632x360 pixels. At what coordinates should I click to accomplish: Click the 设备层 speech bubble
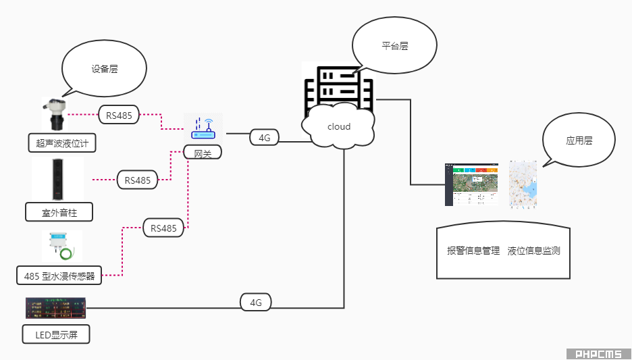click(x=104, y=70)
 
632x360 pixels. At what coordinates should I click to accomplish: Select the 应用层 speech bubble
click(x=579, y=141)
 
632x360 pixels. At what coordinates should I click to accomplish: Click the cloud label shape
click(x=339, y=126)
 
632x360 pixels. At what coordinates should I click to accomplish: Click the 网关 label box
click(x=203, y=154)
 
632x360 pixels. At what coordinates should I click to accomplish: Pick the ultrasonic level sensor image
click(x=54, y=114)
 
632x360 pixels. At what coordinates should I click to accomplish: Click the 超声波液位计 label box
click(x=62, y=143)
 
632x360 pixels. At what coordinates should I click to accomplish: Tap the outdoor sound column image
click(x=57, y=178)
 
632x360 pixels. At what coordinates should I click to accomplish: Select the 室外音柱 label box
click(x=59, y=213)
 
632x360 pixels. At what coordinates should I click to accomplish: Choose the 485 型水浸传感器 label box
click(x=59, y=275)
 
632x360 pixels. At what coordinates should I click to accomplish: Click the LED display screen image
click(x=56, y=308)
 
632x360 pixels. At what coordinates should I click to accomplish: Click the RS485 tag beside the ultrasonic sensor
click(x=119, y=115)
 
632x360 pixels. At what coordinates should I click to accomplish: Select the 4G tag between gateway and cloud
click(x=264, y=138)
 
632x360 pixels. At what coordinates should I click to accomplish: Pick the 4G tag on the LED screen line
click(x=255, y=303)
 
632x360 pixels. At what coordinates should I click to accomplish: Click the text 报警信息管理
click(x=473, y=251)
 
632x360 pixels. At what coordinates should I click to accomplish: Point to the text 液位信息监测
click(x=533, y=251)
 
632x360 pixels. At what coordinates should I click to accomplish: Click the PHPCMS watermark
click(x=598, y=354)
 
